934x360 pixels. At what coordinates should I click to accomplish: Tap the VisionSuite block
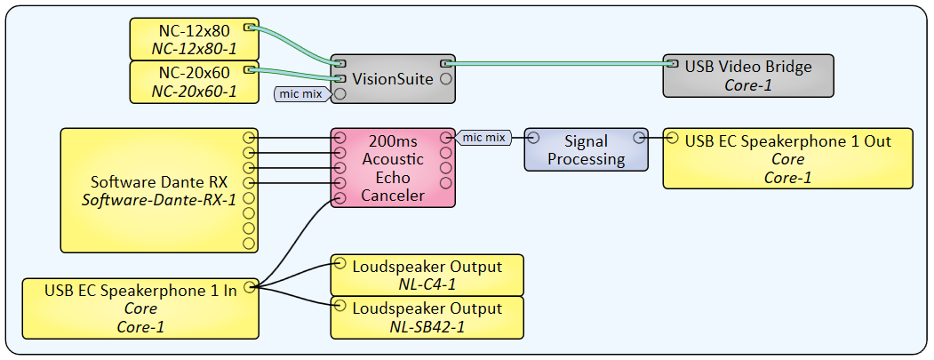pyautogui.click(x=392, y=79)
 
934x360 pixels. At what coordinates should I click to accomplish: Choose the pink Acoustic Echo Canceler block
pyautogui.click(x=392, y=168)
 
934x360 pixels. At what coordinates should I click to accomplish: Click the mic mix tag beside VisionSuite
pyautogui.click(x=299, y=93)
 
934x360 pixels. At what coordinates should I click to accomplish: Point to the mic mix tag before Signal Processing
pyautogui.click(x=483, y=137)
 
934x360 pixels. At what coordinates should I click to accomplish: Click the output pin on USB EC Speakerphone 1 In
pyautogui.click(x=251, y=286)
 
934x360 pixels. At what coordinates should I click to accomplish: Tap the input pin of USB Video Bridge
pyautogui.click(x=671, y=64)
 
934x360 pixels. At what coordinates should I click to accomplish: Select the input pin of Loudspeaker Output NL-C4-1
pyautogui.click(x=338, y=263)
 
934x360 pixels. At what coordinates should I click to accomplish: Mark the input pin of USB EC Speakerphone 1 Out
pyautogui.click(x=672, y=138)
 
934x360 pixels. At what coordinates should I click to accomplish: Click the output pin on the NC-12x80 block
pyautogui.click(x=250, y=28)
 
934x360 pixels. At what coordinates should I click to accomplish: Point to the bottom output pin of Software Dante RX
pyautogui.click(x=249, y=243)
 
